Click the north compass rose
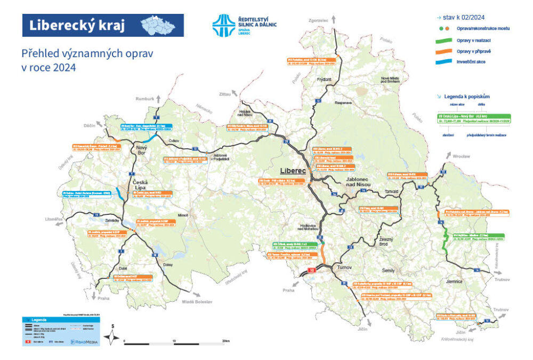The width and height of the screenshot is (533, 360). (112, 336)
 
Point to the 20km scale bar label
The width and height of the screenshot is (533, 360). (226, 340)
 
